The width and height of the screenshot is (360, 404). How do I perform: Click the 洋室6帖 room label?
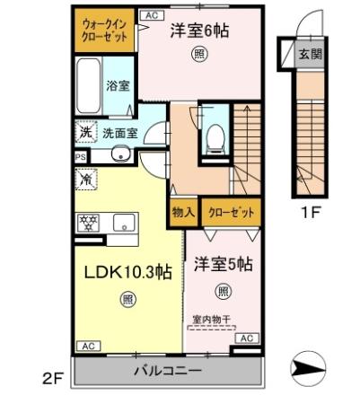coord(199,31)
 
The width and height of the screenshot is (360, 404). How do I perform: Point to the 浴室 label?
coord(118,87)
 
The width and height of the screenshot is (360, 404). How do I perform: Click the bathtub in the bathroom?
coord(88,84)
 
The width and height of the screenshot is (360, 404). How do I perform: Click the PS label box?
coord(80,155)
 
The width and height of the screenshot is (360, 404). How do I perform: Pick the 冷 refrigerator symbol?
coord(87,178)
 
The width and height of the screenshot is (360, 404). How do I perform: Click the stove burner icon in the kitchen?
coord(90,222)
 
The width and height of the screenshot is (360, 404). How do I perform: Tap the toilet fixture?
coord(215,137)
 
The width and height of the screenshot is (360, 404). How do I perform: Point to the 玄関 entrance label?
coord(308,53)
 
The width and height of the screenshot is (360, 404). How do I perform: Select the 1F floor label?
coord(310,215)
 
